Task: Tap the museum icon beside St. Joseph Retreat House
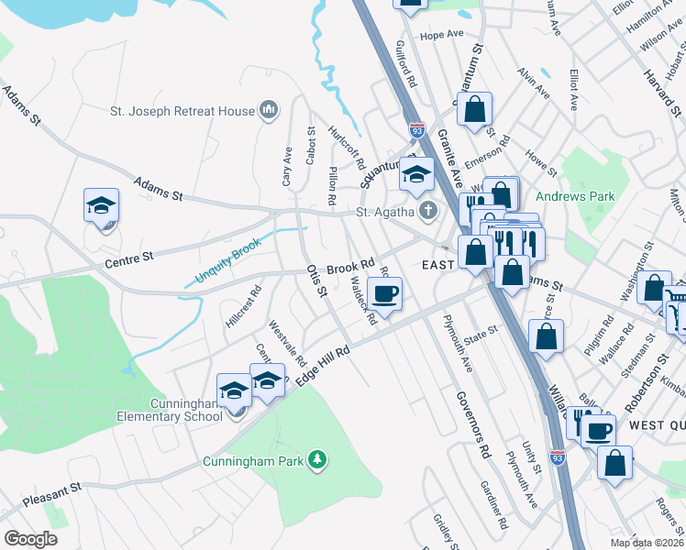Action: (269, 111)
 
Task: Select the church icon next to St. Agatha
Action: (427, 212)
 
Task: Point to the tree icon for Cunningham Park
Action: (317, 459)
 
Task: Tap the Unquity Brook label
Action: (228, 259)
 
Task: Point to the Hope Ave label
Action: (442, 35)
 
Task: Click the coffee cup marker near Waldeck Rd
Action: (385, 294)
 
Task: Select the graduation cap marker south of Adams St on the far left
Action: (102, 206)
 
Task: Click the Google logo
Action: (30, 538)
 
